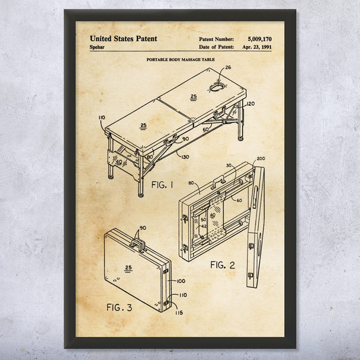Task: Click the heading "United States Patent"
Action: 123,38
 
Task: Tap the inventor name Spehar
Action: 98,47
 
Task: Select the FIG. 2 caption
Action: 222,265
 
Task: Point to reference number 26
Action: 228,68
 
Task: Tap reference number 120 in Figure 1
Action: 250,104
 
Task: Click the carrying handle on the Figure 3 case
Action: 140,242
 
